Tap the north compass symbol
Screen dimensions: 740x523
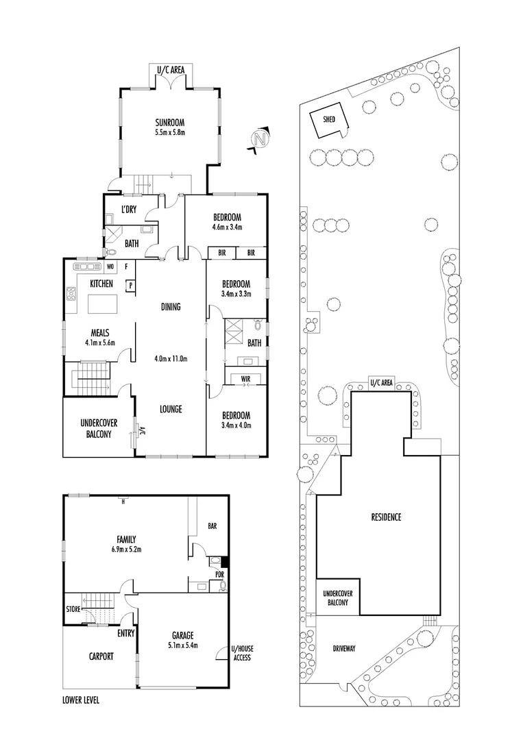click(260, 139)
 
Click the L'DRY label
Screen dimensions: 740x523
click(128, 209)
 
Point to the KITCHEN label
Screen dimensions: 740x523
click(101, 283)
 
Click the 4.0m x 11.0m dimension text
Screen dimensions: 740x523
click(171, 358)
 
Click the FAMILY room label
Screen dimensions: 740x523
click(125, 539)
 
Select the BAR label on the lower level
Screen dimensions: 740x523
click(212, 526)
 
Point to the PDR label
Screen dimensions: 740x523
click(219, 574)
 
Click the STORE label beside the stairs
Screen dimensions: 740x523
click(73, 608)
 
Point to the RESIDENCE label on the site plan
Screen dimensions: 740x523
click(386, 517)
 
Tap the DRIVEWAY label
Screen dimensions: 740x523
click(345, 647)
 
